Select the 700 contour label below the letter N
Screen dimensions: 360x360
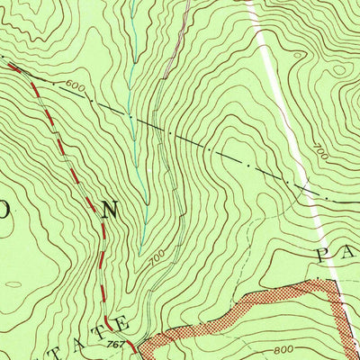coord(156,259)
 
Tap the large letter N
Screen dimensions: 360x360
coord(110,211)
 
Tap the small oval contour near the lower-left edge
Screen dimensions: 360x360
coord(13,285)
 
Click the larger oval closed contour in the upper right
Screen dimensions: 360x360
coord(337,69)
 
